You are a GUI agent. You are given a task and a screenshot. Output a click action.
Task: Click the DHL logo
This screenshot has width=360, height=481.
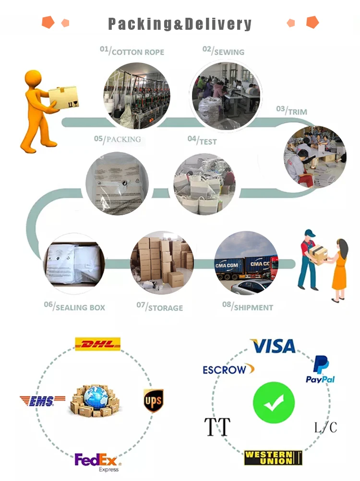click(97, 344)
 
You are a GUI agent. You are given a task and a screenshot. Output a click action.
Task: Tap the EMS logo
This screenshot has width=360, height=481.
click(42, 401)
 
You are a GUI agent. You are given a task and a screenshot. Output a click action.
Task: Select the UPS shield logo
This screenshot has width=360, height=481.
click(153, 400)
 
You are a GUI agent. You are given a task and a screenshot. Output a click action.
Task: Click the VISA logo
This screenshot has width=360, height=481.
click(273, 346)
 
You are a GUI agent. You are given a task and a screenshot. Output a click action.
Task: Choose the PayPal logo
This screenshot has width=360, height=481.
click(320, 370)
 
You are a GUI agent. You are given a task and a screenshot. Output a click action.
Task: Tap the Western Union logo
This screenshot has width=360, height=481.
click(273, 457)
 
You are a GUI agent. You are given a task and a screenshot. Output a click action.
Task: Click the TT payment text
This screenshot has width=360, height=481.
click(217, 426)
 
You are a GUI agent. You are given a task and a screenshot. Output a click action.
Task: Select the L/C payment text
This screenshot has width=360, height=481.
click(325, 427)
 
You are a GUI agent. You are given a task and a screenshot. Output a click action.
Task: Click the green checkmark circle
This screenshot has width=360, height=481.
click(273, 402)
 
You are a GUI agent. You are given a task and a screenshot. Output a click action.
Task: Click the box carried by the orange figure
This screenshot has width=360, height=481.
click(63, 97)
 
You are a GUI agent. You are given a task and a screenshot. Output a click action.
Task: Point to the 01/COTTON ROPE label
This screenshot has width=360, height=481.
click(132, 51)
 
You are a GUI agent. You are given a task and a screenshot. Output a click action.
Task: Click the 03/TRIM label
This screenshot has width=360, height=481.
click(291, 110)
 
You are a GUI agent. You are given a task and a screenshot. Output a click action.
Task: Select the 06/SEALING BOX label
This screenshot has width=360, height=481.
click(74, 306)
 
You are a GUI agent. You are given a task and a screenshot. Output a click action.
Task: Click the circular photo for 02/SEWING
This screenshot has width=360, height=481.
click(226, 96)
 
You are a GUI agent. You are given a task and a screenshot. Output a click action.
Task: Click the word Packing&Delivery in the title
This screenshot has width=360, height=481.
click(180, 24)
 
